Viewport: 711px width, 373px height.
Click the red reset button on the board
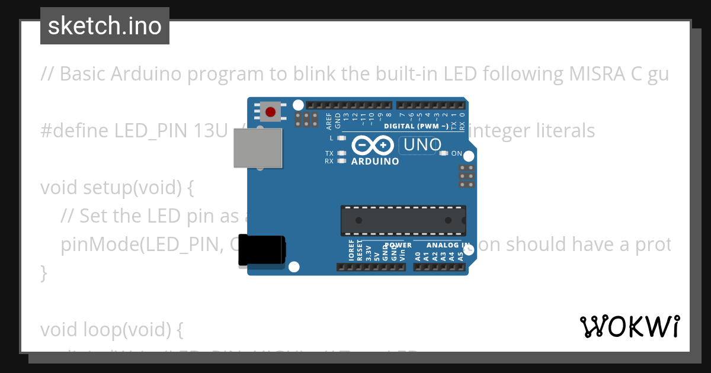pyautogui.click(x=271, y=111)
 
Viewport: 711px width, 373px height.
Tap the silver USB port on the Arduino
pyautogui.click(x=258, y=148)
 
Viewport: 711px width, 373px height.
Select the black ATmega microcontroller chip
pyautogui.click(x=403, y=220)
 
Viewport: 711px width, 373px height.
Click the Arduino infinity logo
pyautogui.click(x=373, y=145)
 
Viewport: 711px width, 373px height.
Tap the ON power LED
pyautogui.click(x=444, y=153)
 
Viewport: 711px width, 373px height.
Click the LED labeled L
pyautogui.click(x=341, y=138)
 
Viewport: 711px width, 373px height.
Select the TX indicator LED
pyautogui.click(x=341, y=153)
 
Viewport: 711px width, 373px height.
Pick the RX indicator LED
pyautogui.click(x=341, y=160)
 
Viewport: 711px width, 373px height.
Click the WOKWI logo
pyautogui.click(x=630, y=326)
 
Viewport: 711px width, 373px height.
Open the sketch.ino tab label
pyautogui.click(x=105, y=26)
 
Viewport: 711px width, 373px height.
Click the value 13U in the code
pyautogui.click(x=210, y=130)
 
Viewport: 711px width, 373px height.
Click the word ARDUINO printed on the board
pyautogui.click(x=375, y=161)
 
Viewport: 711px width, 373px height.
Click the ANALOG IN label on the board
pyautogui.click(x=449, y=245)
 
